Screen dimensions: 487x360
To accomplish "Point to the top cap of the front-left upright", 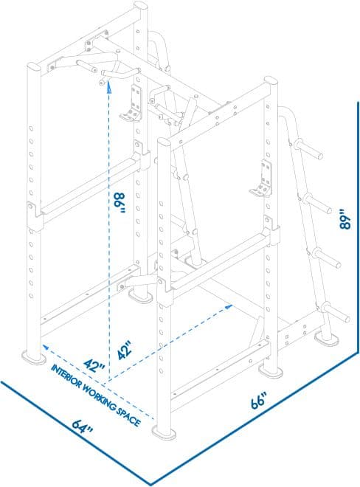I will (32, 67).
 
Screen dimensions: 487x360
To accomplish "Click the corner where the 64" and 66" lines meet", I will (151, 484).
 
